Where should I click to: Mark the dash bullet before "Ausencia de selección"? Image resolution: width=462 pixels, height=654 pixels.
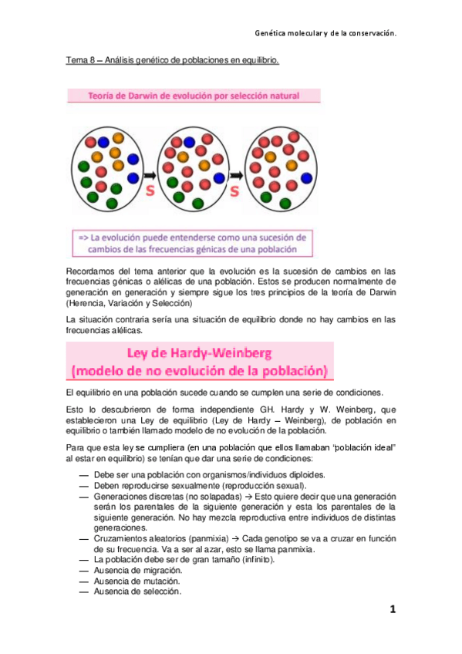(83, 592)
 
